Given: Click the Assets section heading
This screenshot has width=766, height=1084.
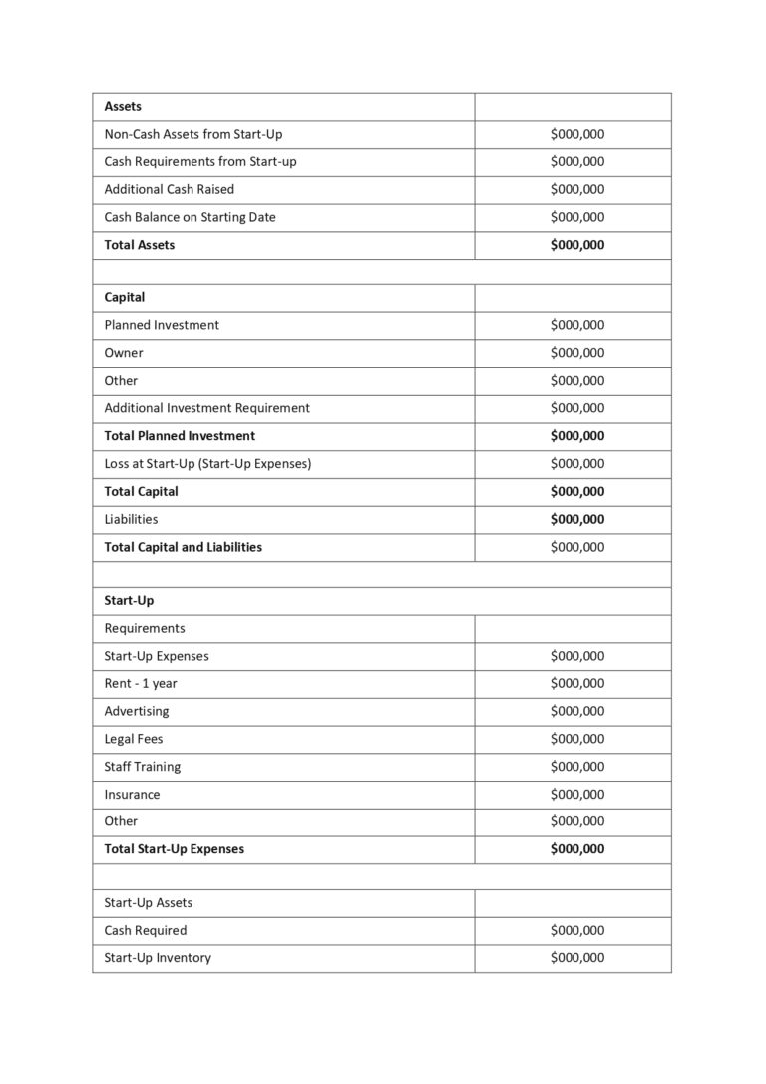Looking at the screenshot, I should (123, 106).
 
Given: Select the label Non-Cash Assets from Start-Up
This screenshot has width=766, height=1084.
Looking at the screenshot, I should (193, 134).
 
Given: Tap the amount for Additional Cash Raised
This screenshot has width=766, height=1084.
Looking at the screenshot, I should (576, 189).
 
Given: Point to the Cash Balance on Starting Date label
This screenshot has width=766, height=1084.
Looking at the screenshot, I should (190, 217).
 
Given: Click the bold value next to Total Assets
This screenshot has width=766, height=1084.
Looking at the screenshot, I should (576, 245).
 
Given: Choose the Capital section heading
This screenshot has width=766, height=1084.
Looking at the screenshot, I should (125, 297).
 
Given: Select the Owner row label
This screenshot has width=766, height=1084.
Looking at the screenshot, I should (124, 353).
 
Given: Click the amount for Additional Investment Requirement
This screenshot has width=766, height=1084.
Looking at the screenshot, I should (576, 408).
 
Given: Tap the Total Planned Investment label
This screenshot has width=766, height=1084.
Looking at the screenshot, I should (180, 436).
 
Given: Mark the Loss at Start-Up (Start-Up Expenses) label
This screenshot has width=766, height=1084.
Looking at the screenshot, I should (207, 464).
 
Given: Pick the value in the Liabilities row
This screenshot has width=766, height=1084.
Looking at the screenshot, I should (576, 519).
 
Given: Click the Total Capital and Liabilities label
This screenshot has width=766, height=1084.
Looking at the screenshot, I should (184, 547).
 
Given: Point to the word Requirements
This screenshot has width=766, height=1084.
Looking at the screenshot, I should (145, 628).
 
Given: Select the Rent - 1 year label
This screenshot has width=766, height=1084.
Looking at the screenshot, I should (141, 684).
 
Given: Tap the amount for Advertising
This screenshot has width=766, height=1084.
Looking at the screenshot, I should (576, 711).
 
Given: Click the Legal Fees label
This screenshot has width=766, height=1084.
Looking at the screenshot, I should (134, 739).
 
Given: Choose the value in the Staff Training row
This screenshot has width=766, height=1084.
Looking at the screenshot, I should (576, 767).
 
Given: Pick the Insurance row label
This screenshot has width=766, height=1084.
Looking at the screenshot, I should (132, 795).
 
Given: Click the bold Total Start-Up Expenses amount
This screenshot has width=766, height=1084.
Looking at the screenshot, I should (576, 849).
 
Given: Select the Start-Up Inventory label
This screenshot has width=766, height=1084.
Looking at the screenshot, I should (158, 958).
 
